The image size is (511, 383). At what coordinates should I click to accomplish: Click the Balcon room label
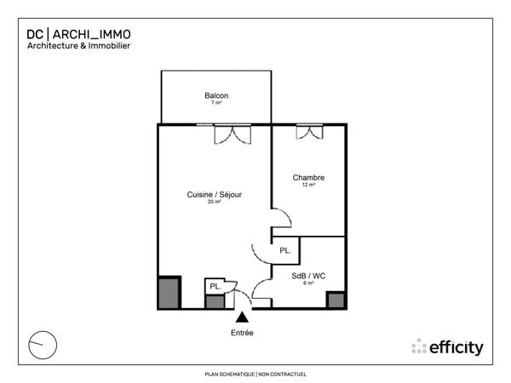[216, 95]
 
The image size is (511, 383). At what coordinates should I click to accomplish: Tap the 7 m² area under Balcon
[216, 103]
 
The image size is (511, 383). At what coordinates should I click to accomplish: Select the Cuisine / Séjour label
[215, 195]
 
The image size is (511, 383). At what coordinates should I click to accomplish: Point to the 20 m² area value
[215, 203]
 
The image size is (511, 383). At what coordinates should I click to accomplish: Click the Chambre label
[308, 178]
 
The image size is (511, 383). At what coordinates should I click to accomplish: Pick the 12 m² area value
[308, 185]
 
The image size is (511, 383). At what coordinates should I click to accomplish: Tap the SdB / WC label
[308, 276]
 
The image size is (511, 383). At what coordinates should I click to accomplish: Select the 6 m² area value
[308, 283]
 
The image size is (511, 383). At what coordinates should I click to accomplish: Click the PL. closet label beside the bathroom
[285, 251]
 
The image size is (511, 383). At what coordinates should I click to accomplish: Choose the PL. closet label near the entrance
[215, 287]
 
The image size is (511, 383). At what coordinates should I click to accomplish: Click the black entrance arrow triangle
[242, 317]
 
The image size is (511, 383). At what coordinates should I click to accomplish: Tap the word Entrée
[242, 332]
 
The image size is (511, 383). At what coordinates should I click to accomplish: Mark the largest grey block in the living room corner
[169, 292]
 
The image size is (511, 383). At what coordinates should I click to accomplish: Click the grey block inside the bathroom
[336, 300]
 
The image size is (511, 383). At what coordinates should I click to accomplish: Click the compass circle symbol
[42, 345]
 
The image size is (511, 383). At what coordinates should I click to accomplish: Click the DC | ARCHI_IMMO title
[79, 34]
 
